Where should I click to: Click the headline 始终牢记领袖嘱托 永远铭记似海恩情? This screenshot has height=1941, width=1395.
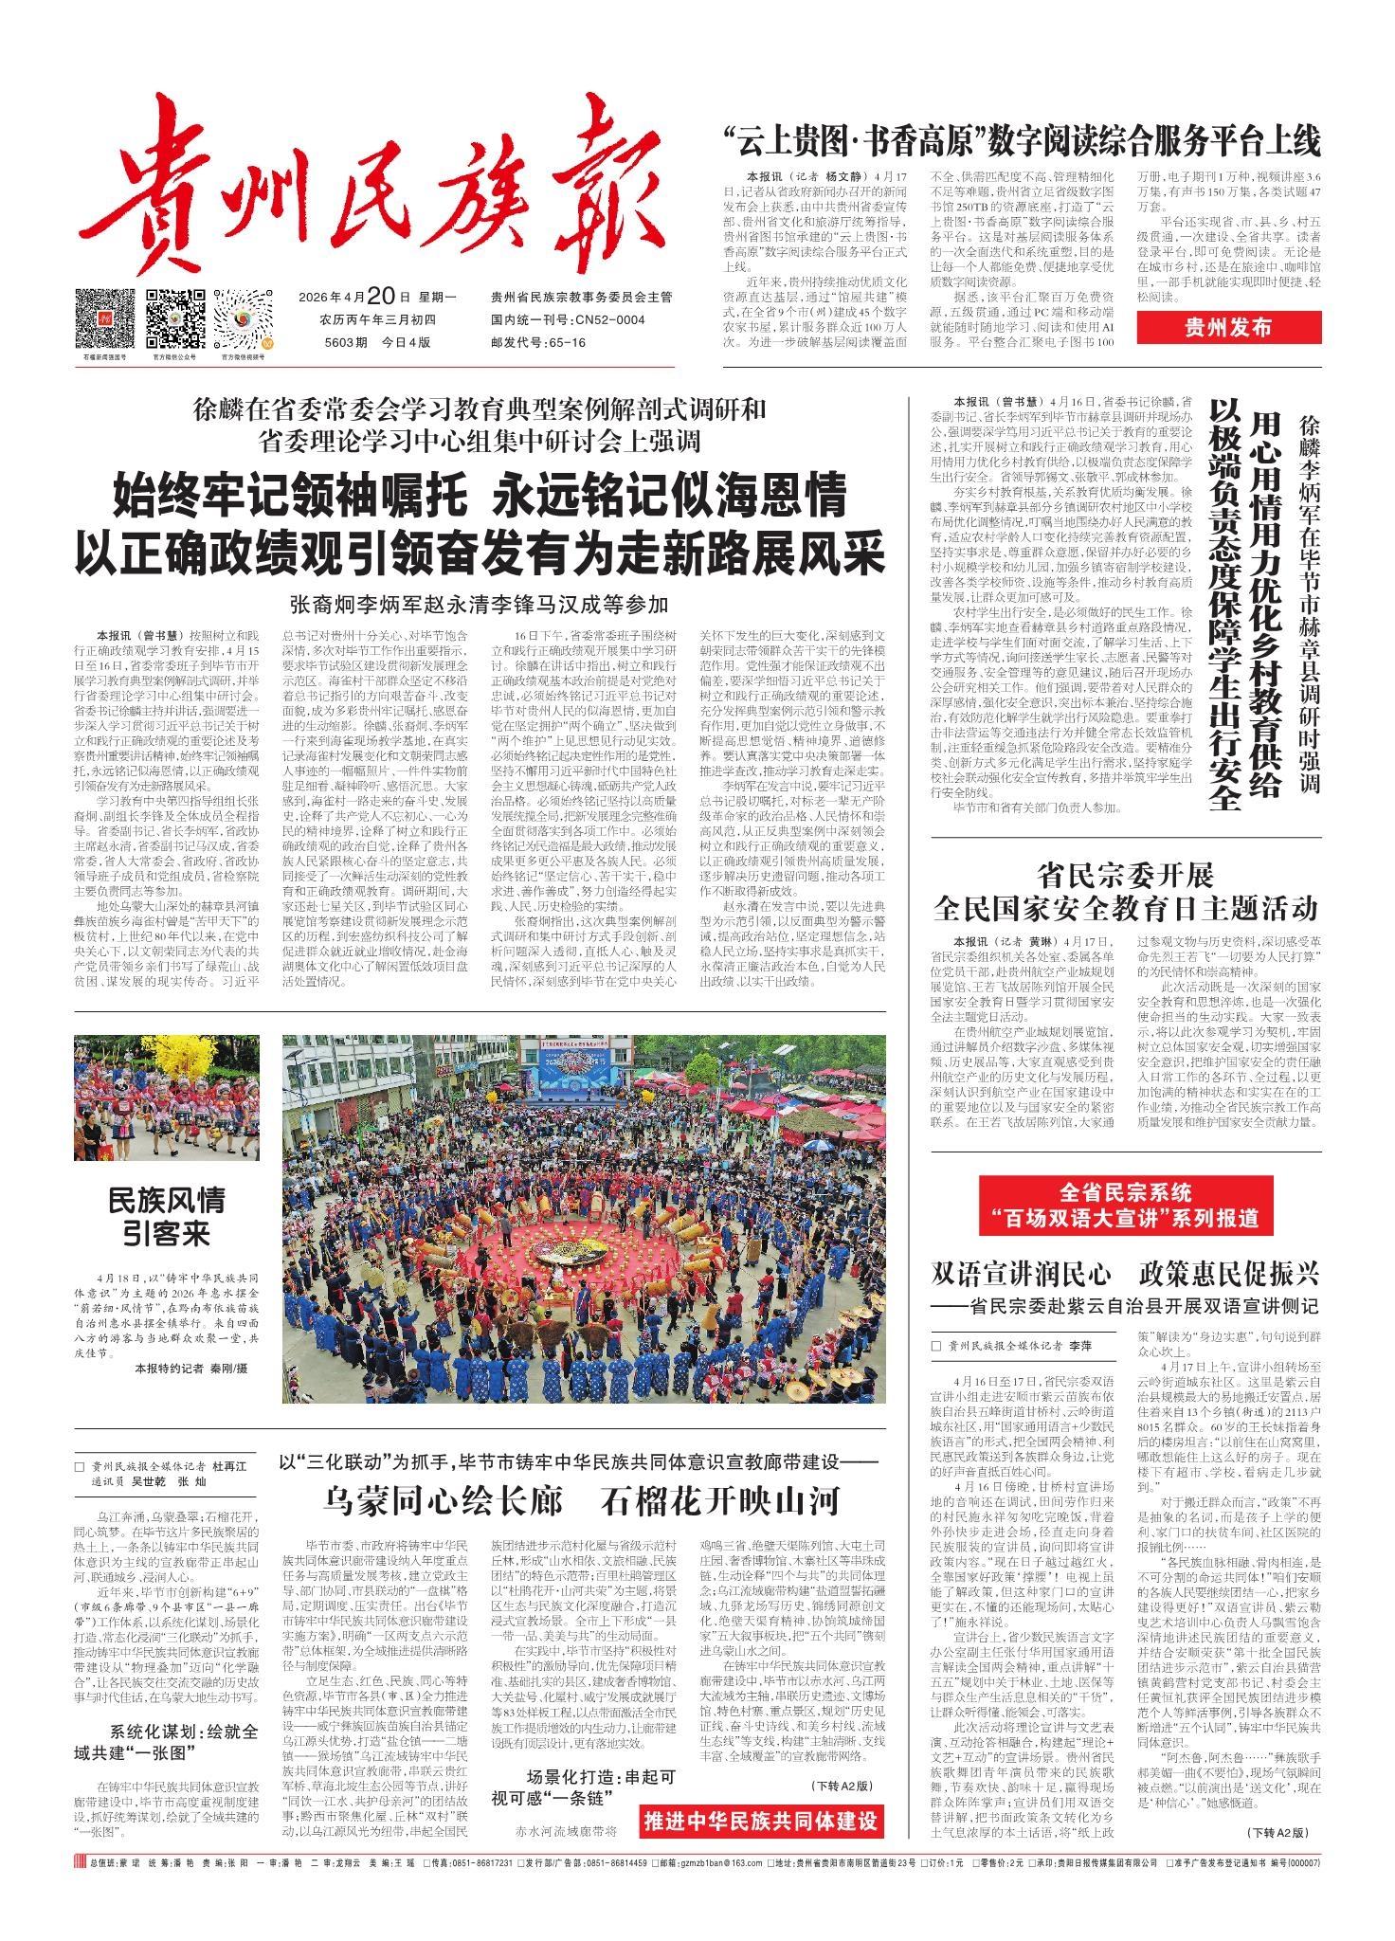(x=480, y=495)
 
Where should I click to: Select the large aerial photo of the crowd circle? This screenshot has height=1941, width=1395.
(x=583, y=1218)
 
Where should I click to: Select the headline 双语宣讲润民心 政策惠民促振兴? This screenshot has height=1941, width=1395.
(x=1126, y=1271)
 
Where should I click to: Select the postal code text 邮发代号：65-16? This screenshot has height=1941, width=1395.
(x=537, y=342)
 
